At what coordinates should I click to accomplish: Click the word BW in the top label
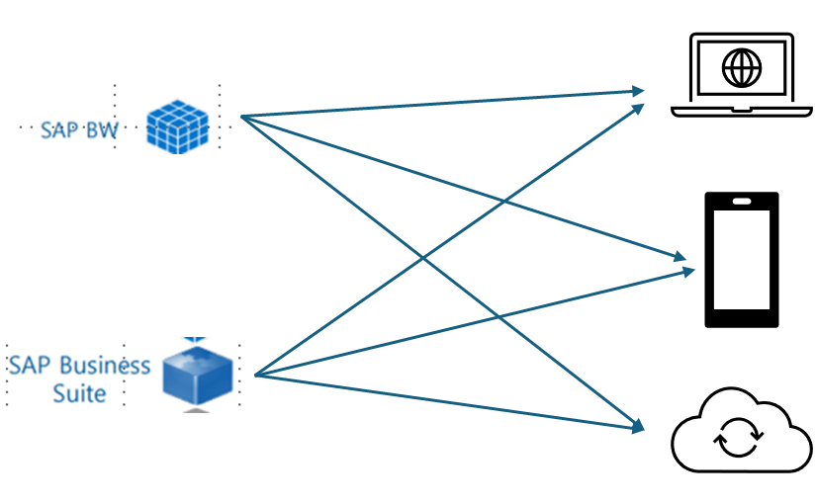click(x=100, y=128)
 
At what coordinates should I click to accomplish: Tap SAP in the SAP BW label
click(x=58, y=128)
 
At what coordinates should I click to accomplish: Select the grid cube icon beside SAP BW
click(x=177, y=126)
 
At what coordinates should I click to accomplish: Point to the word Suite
click(x=79, y=392)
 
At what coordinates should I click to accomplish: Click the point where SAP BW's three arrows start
click(x=241, y=117)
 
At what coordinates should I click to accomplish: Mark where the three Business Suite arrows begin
click(x=255, y=376)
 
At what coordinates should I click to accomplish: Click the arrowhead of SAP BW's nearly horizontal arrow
click(x=639, y=92)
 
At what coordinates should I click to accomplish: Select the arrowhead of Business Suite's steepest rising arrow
click(x=639, y=107)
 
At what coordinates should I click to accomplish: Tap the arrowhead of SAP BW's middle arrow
click(x=680, y=258)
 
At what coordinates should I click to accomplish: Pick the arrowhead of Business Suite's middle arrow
click(x=690, y=270)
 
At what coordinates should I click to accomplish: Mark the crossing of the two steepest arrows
click(x=424, y=259)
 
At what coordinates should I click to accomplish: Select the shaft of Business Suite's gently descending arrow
click(x=445, y=401)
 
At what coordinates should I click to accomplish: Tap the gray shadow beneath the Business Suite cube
click(x=198, y=409)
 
